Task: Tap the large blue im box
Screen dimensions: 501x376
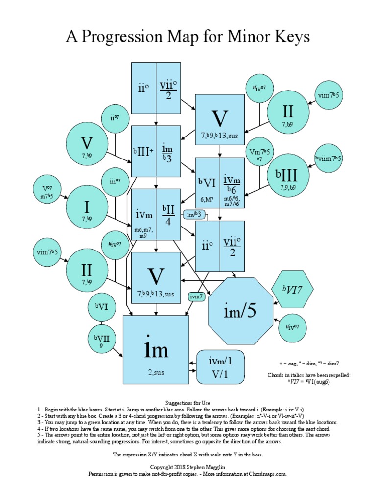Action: [156, 349]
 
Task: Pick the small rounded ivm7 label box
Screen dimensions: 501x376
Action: [196, 296]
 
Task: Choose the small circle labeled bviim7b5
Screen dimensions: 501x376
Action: [329, 159]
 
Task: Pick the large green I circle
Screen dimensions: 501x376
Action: [87, 206]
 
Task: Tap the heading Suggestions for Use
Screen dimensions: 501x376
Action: [188, 402]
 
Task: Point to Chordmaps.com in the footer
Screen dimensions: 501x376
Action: [267, 474]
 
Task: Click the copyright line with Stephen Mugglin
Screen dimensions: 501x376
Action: [188, 468]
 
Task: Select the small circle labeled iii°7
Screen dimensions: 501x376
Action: [115, 181]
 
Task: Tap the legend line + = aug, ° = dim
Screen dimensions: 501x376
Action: [309, 364]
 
